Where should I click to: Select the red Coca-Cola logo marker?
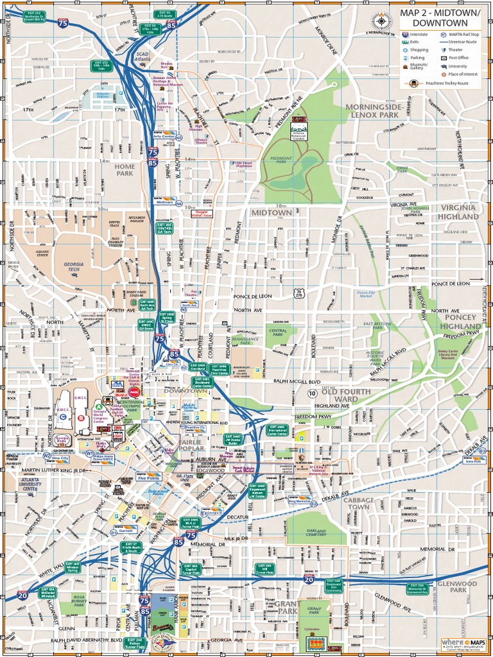point(134,391)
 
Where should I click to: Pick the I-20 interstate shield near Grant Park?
point(309,579)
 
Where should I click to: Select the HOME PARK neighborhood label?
point(125,169)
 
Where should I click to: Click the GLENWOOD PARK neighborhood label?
point(456,587)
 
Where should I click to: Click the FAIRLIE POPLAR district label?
point(191,445)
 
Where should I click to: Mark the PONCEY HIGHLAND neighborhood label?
point(460,321)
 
